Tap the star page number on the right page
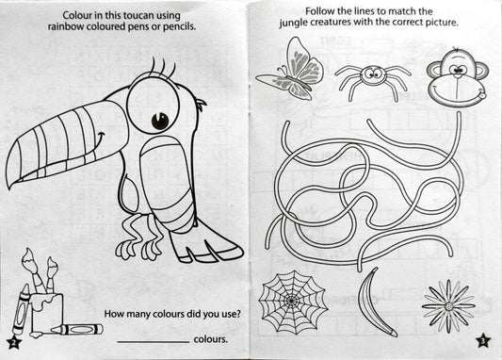(x=482, y=340)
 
